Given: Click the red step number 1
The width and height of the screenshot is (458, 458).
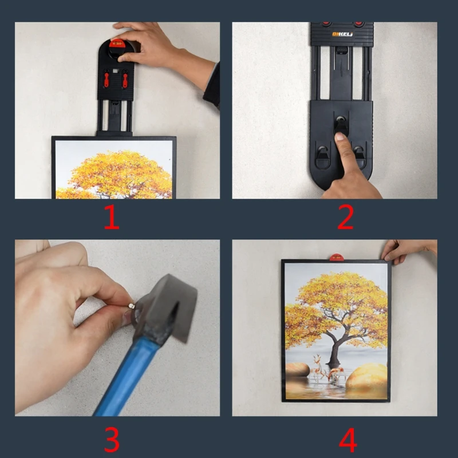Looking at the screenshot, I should tap(111, 218).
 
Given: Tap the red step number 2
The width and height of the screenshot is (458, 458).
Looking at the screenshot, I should tap(345, 218).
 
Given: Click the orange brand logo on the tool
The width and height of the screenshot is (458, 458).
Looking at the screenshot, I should tap(342, 34).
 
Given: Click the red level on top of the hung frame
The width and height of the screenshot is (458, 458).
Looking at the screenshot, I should tap(336, 257).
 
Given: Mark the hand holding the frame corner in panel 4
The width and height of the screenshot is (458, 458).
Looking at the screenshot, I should tap(404, 250).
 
